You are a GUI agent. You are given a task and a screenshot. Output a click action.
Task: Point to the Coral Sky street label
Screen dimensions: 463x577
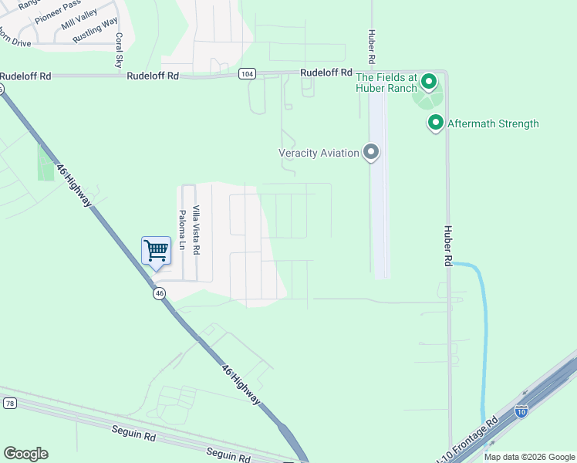point(119,50)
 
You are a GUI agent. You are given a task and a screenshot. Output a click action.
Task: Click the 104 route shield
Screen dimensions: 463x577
point(246,74)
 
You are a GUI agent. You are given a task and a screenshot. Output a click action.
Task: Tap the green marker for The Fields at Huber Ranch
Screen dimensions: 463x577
point(430,81)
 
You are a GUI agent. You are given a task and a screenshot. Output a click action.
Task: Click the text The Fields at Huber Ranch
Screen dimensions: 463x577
point(386,83)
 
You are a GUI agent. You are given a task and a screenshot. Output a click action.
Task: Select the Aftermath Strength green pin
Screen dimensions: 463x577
point(436,123)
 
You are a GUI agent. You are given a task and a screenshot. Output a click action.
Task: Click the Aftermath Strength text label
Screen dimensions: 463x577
point(493,123)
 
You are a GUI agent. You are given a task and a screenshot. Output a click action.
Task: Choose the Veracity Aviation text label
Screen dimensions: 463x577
point(319,153)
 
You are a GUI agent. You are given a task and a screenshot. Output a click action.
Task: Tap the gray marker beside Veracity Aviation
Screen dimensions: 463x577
point(372,152)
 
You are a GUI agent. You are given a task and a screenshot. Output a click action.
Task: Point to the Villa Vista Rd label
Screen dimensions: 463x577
point(197,230)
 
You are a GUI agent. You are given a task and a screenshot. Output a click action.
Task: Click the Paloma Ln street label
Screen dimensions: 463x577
point(183,230)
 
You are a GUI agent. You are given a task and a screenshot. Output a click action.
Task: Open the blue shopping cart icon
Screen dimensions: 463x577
point(156,250)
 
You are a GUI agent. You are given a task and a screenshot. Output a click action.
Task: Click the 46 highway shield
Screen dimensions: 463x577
point(159,293)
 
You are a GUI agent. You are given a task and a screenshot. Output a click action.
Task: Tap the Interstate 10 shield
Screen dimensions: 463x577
point(521,411)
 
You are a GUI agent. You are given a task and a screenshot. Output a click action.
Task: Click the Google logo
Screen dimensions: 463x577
point(25,454)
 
